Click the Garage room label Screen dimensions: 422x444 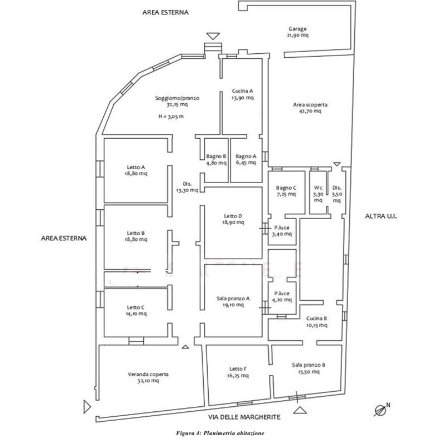pyautogui.click(x=298, y=29)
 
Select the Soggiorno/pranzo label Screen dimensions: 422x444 pyautogui.click(x=177, y=98)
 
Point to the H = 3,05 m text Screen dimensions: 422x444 pyautogui.click(x=171, y=117)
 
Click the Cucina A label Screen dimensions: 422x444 pyautogui.click(x=243, y=91)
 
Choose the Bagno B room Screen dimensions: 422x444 pyautogui.click(x=216, y=159)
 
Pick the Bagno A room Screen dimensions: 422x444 pyautogui.click(x=246, y=159)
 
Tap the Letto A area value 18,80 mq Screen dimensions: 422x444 pyautogui.click(x=136, y=174)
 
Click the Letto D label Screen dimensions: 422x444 pyautogui.click(x=233, y=216)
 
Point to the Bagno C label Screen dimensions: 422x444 pyautogui.click(x=286, y=188)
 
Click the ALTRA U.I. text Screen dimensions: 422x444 pyautogui.click(x=381, y=216)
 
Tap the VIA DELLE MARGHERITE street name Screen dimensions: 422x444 pyautogui.click(x=244, y=417)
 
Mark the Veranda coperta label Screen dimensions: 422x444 pyautogui.click(x=148, y=374)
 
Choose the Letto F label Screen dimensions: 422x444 pyautogui.click(x=238, y=369)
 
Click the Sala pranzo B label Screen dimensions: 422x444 pyautogui.click(x=308, y=365)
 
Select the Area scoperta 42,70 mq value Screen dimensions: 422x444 pyautogui.click(x=310, y=111)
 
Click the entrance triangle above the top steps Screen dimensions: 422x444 pyautogui.click(x=213, y=36)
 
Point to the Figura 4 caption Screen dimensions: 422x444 pyautogui.click(x=220, y=433)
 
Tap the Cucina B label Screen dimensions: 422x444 pyautogui.click(x=316, y=319)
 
